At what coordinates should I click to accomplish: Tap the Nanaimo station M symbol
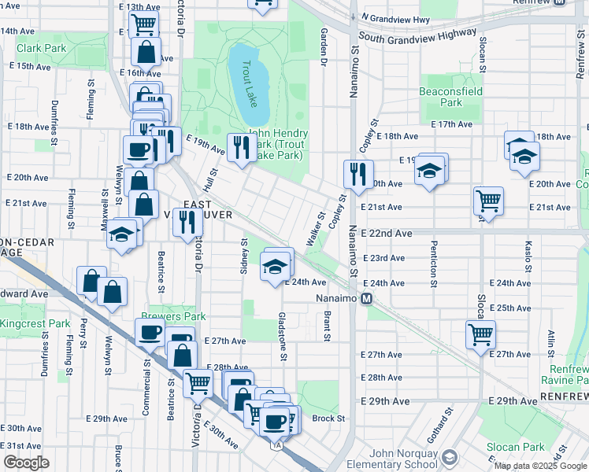click(367, 299)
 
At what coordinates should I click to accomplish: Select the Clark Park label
click(41, 48)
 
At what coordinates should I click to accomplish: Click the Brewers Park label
click(173, 316)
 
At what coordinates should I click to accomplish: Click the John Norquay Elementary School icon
click(449, 458)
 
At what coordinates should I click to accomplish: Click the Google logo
click(25, 463)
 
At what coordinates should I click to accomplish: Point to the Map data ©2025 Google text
click(540, 466)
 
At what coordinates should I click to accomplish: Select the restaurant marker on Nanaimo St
click(358, 173)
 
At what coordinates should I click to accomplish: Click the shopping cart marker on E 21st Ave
click(488, 201)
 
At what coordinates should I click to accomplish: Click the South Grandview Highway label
click(417, 35)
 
